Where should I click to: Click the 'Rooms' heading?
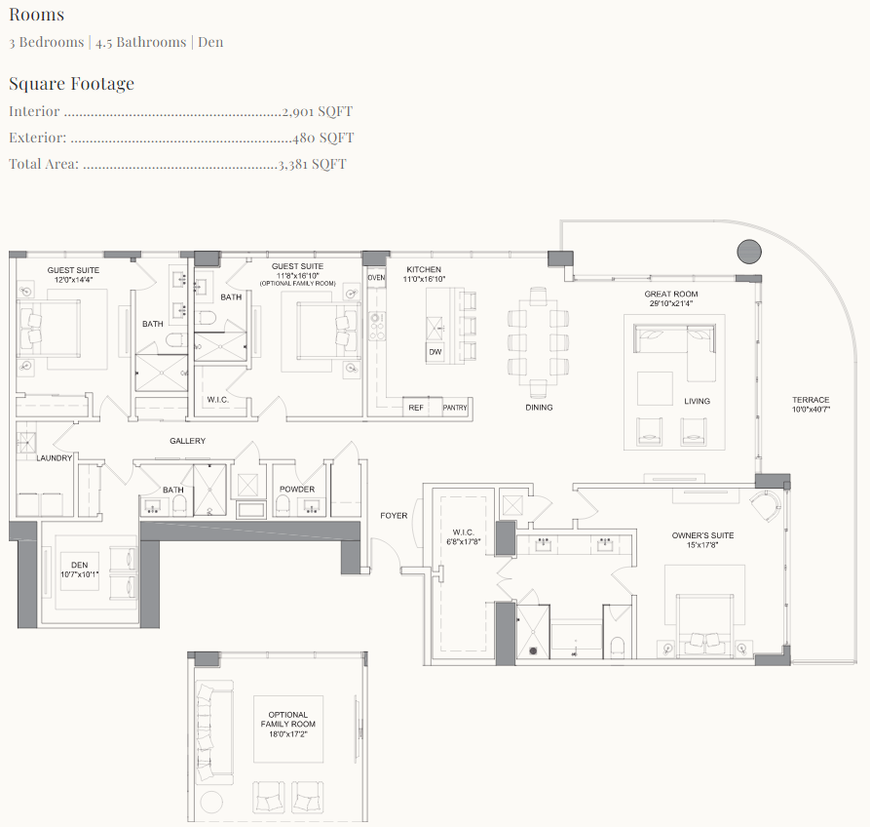point(36,15)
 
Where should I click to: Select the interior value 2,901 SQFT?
point(317,112)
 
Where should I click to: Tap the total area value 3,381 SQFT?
point(313,164)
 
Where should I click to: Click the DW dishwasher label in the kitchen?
point(435,351)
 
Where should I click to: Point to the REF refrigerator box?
point(416,408)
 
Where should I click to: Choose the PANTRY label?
point(455,408)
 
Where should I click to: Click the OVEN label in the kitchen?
point(377,278)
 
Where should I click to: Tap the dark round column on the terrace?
point(748,252)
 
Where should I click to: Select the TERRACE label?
point(811,400)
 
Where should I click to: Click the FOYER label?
point(394,516)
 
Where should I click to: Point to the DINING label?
point(539,408)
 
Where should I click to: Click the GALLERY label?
point(187,441)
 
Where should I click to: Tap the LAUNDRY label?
point(55,457)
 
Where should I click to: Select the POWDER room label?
point(296,490)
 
